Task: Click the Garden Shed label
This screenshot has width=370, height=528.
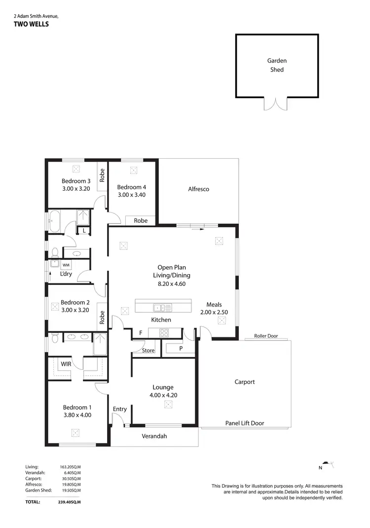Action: point(277,65)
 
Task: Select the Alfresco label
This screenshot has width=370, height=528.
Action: point(198,189)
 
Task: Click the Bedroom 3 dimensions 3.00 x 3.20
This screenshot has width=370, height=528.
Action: point(75,188)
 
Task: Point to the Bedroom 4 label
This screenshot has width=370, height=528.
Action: point(131,187)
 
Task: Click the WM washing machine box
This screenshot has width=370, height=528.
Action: point(66,265)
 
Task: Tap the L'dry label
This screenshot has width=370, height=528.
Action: point(66,274)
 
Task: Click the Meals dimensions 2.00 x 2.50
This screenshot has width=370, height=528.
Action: point(214,312)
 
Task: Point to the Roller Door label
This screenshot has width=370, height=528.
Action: point(265,336)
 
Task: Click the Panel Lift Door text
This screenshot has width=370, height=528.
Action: point(244,423)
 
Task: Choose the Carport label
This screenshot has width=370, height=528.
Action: point(244,382)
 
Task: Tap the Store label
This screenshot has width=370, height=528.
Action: point(148,351)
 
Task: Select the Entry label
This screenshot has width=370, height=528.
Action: point(119,409)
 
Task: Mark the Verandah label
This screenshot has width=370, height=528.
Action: point(154,436)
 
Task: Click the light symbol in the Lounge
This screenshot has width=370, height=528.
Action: point(168,405)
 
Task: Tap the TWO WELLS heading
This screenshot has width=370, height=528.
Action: point(31,24)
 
